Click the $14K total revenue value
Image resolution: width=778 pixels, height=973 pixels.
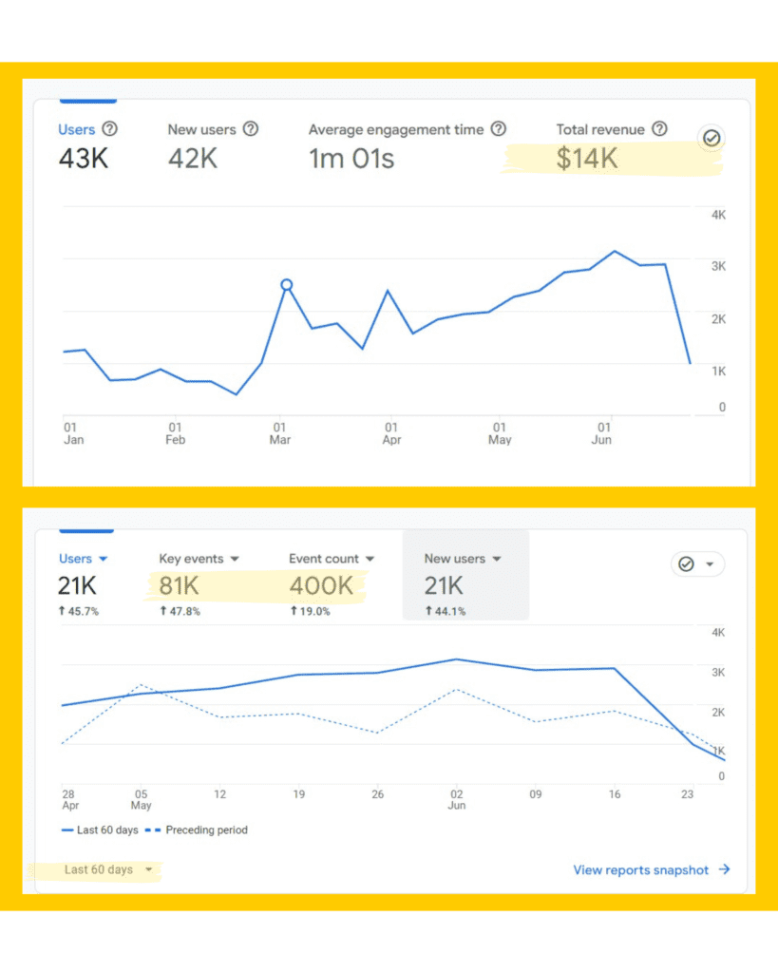pos(587,159)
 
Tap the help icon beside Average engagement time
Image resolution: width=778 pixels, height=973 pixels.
pos(499,129)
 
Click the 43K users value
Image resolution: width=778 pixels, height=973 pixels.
pos(84,159)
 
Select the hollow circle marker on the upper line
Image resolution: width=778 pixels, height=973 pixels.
pos(286,284)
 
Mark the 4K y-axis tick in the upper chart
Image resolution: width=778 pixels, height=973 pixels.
pos(718,216)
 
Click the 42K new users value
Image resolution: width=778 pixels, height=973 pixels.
pos(193,159)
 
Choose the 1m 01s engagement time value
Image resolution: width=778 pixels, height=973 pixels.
pos(351,159)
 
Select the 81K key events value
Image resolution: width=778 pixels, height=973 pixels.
pos(179,586)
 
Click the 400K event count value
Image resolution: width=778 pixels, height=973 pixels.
pos(321,586)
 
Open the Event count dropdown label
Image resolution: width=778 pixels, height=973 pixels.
pos(332,559)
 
